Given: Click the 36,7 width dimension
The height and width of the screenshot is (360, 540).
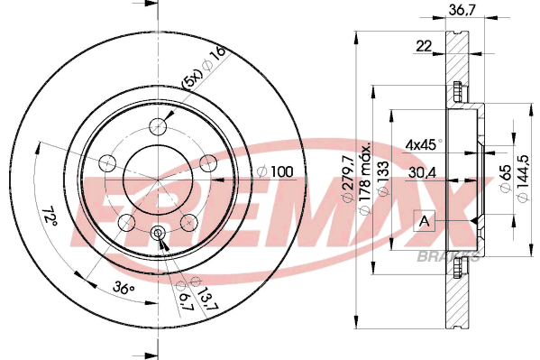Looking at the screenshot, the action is point(462,10).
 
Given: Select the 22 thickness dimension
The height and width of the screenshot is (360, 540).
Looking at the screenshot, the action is point(424,46).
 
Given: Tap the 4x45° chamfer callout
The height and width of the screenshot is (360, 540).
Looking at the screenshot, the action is point(424,145).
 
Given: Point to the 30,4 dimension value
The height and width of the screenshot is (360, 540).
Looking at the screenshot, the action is point(423,172).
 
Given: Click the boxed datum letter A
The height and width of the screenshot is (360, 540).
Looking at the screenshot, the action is point(425,221).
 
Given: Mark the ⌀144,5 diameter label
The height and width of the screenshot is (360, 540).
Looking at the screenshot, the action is point(524,179).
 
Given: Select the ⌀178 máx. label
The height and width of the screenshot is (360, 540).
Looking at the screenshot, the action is point(365,179).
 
